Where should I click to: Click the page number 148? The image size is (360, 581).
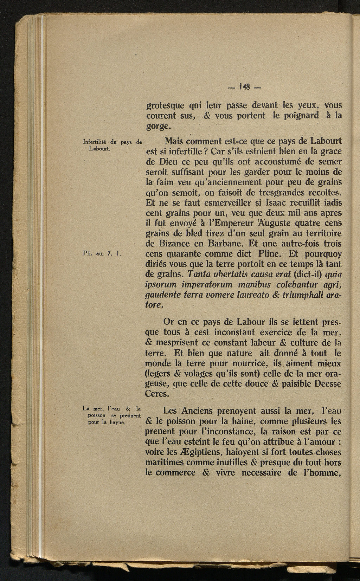[244, 86]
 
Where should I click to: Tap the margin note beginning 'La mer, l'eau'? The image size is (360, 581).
[111, 415]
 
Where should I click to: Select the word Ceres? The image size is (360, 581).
[157, 394]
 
